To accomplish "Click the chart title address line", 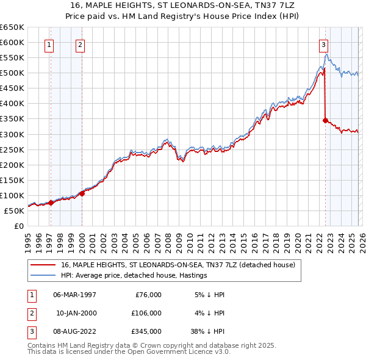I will click(183, 4).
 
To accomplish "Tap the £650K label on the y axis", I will click(12, 27).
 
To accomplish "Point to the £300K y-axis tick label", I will click(12, 134).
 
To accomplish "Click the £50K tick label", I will click(14, 211).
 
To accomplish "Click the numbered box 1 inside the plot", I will click(49, 44).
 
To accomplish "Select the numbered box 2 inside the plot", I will click(81, 44).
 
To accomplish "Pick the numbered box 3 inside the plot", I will click(323, 44).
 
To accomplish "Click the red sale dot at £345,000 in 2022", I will click(326, 120).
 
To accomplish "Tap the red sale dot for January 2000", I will click(82, 193).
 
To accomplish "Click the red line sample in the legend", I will click(43, 265).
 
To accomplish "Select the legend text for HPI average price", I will click(134, 275).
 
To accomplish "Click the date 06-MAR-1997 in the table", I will click(74, 294).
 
